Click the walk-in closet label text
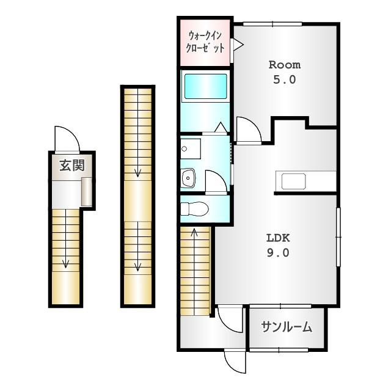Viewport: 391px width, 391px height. pyautogui.click(x=205, y=42)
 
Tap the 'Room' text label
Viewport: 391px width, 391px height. pyautogui.click(x=285, y=65)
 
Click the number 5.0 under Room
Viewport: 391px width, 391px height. pyautogui.click(x=285, y=80)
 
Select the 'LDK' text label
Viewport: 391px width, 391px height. pyautogui.click(x=278, y=238)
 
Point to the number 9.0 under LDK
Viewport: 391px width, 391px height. pyautogui.click(x=278, y=253)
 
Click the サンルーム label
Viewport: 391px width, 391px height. pyautogui.click(x=287, y=327)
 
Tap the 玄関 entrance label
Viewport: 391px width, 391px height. pyautogui.click(x=72, y=166)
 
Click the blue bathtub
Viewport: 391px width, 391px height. pyautogui.click(x=205, y=86)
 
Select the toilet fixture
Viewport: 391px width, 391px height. pyautogui.click(x=194, y=209)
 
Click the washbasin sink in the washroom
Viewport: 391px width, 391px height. pyautogui.click(x=188, y=178)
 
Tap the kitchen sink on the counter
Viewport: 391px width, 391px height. pyautogui.click(x=293, y=181)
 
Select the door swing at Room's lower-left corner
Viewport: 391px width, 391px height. pyautogui.click(x=249, y=130)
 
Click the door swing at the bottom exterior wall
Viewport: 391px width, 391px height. pyautogui.click(x=235, y=362)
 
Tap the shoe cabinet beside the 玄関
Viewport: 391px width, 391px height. pyautogui.click(x=87, y=191)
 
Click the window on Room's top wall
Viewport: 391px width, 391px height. pyautogui.click(x=272, y=24)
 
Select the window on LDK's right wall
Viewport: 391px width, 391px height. pyautogui.click(x=338, y=237)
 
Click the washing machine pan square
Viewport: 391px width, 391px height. pyautogui.click(x=191, y=149)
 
